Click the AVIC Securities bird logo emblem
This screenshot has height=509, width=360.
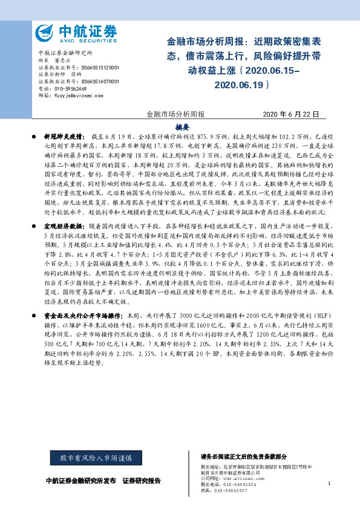tap(44, 32)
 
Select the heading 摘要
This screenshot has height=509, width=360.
tap(183, 127)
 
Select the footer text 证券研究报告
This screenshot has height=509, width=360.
tap(142, 481)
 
